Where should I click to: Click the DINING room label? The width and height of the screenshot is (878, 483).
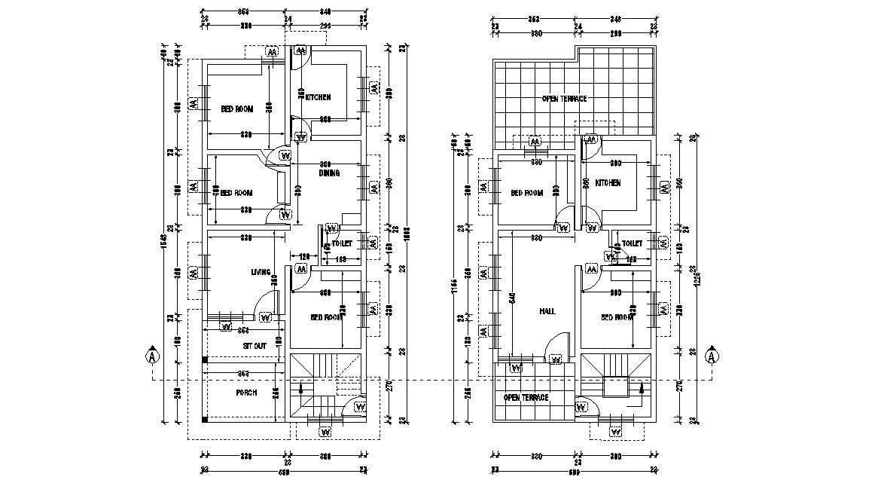click(329, 173)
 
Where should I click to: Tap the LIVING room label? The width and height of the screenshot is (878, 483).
click(261, 272)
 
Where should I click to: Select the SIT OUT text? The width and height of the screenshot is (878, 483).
click(254, 345)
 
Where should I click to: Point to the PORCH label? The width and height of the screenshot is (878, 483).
click(246, 393)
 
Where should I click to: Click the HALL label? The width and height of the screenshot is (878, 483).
click(547, 311)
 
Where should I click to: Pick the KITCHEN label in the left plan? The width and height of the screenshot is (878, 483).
click(318, 97)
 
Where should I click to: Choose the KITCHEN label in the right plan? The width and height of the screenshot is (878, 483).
click(608, 183)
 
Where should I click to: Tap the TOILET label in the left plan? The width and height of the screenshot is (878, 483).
click(342, 243)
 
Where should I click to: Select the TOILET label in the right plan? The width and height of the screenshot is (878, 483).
click(633, 243)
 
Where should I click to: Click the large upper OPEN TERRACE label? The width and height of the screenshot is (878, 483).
click(564, 99)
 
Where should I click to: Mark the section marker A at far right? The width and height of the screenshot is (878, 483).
click(710, 356)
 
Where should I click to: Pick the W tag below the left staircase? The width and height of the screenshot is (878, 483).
click(325, 433)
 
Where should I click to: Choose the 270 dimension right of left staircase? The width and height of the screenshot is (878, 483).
click(389, 387)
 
